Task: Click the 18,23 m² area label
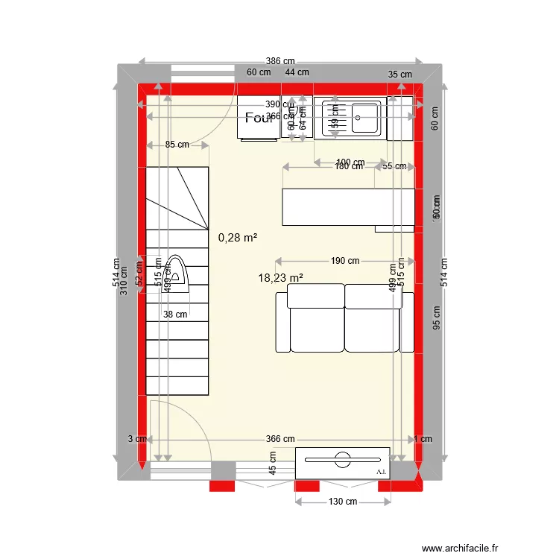[x=280, y=277]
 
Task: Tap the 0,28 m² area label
[x=238, y=238]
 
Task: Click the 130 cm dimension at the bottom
[x=342, y=502]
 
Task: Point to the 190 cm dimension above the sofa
[x=344, y=261]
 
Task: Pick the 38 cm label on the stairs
[x=175, y=315]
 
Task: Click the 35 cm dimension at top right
[x=400, y=74]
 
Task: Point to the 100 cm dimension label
[x=350, y=162]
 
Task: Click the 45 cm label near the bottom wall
[x=274, y=463]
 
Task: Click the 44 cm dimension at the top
[x=297, y=72]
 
